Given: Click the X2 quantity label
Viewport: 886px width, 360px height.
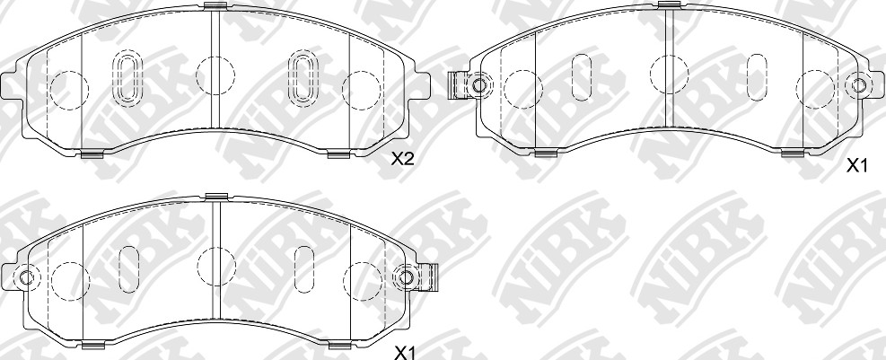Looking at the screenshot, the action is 403,160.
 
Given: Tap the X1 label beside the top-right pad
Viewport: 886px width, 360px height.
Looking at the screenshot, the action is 856,165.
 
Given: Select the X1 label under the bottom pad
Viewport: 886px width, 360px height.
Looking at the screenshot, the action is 405,354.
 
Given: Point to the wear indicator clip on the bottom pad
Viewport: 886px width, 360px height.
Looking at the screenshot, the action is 430,277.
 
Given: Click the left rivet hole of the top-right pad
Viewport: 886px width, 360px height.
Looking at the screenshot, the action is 479,86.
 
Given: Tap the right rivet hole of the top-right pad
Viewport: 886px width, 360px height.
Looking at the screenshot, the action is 858,86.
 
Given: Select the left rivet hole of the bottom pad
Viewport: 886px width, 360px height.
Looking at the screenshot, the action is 26,277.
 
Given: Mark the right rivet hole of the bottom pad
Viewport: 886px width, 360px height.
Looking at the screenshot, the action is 405,277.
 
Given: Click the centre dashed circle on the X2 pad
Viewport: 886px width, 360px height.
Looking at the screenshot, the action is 215,75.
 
